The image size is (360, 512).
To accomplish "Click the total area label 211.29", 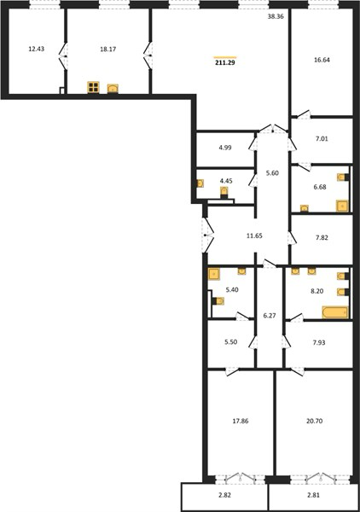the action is pos(225,62).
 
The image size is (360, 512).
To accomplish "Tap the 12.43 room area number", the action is pos(36,49).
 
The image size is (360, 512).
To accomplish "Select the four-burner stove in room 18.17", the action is pos(93,87).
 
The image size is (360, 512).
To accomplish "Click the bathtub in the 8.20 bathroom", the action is pos(335,312).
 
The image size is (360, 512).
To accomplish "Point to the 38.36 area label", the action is pos(276,17).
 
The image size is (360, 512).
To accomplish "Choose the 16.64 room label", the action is pos(322,60).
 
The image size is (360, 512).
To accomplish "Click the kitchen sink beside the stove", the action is pos(113,89).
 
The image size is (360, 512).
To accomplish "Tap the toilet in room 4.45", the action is pos(224,192).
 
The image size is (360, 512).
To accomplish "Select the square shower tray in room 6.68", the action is pos(342,206).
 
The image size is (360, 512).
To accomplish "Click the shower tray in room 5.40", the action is pos(214,274).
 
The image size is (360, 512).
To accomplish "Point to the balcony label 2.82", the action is pos(225,495).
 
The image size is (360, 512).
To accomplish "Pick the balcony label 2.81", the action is pos(313,495).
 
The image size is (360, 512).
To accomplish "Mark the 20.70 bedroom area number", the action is pos(314,422).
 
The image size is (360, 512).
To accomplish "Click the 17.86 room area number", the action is pos(241,422).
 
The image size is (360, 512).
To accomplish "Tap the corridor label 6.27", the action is pos(270,316).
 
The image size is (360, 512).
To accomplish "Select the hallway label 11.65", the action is pos(254,236).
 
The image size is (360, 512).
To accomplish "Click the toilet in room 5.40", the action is pos(218,301).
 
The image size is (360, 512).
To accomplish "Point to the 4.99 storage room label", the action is pos(225,148).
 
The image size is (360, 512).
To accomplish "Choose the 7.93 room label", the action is pos(318,342).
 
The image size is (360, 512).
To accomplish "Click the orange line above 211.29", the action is pos(225,57).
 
